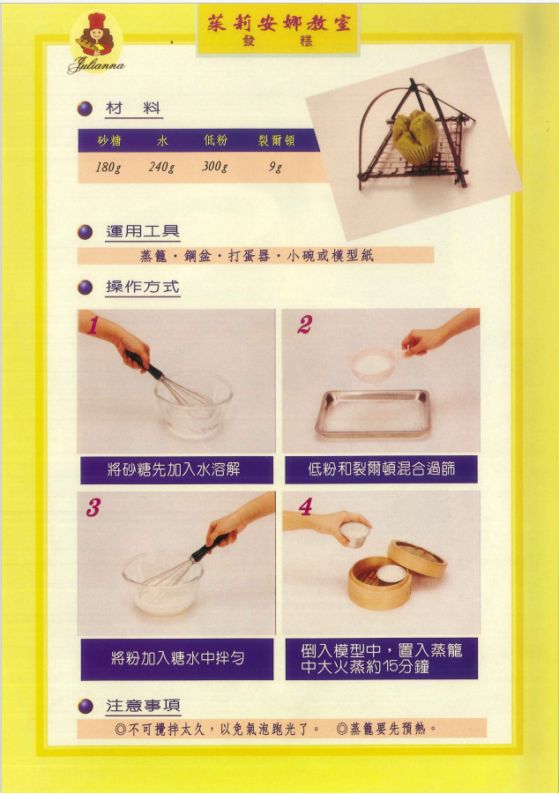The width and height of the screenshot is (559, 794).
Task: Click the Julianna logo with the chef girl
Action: [96, 43]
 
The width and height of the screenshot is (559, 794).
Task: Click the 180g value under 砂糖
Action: [108, 167]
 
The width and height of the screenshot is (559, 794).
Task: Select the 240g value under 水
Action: [161, 167]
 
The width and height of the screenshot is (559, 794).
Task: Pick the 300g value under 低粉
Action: [215, 166]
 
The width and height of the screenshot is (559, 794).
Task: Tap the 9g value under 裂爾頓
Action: [275, 167]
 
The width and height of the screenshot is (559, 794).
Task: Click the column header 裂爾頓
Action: [276, 140]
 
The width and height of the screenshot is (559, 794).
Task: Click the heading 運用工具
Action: [143, 231]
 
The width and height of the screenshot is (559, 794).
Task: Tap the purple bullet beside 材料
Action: [85, 109]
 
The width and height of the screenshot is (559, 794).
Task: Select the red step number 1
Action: [92, 326]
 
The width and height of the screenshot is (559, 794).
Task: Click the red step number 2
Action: [304, 325]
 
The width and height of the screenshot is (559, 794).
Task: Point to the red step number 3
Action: [93, 507]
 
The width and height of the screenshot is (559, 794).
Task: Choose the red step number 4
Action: [305, 506]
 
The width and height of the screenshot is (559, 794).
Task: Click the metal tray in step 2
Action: [373, 413]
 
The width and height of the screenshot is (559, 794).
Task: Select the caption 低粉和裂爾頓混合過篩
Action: [382, 469]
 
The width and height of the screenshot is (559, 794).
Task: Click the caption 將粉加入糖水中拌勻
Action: [177, 658]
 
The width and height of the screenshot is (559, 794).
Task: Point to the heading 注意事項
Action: [143, 706]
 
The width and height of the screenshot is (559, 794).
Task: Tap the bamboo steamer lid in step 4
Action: [417, 558]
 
